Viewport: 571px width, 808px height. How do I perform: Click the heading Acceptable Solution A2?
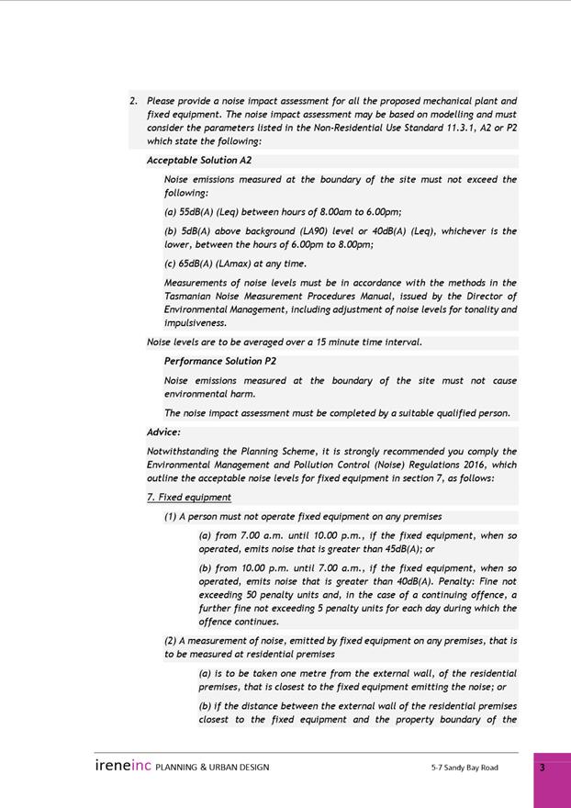tap(198, 161)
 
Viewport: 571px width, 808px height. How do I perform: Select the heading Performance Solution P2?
tap(219, 362)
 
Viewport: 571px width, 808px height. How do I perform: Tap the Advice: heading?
tap(163, 432)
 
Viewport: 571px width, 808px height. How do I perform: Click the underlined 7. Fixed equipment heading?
tap(189, 498)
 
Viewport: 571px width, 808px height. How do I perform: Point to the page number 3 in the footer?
tap(542, 768)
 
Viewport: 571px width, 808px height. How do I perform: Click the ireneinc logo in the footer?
tap(122, 766)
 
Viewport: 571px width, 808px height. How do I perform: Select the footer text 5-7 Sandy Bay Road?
tap(465, 768)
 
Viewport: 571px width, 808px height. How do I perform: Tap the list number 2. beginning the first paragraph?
tap(134, 101)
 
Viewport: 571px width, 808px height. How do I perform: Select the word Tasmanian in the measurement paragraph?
tap(190, 297)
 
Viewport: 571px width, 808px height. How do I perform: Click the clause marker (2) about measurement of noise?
tap(171, 641)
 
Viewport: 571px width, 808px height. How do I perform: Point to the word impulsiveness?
tap(195, 323)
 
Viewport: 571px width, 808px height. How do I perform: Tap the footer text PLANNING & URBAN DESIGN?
tap(212, 768)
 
